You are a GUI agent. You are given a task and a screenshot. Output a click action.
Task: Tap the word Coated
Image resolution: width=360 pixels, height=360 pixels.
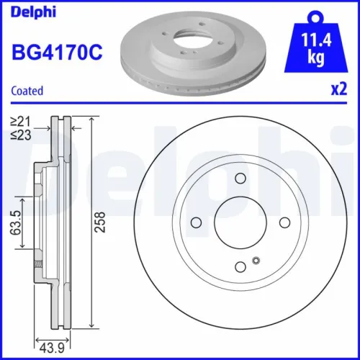[x=28, y=91]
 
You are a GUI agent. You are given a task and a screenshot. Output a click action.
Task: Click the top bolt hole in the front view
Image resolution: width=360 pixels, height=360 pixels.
[x=240, y=179]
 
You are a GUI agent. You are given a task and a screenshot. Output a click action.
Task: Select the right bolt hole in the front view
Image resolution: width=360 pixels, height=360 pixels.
[x=284, y=222]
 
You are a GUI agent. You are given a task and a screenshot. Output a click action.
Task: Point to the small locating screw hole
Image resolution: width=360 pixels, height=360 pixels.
[x=255, y=260]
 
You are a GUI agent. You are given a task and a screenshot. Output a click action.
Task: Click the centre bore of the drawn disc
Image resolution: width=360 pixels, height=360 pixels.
[x=240, y=222]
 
